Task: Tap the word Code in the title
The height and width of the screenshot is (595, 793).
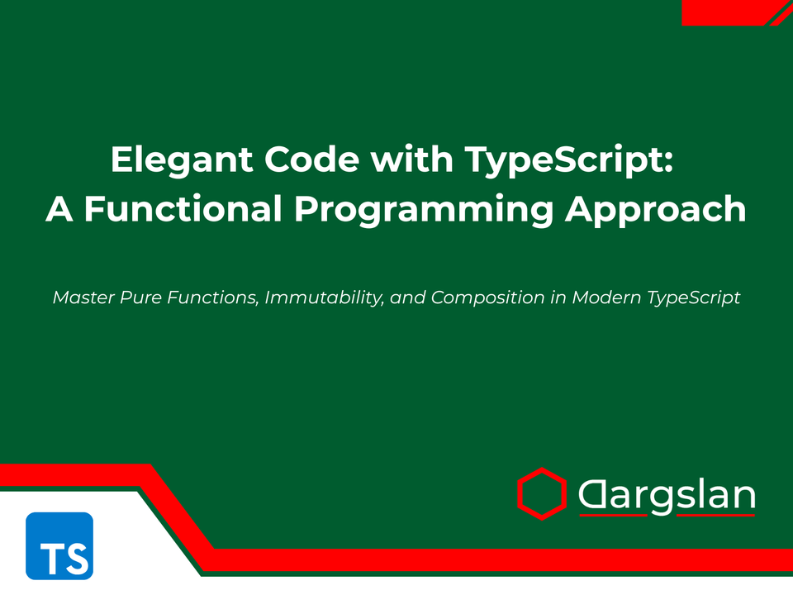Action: tap(313, 159)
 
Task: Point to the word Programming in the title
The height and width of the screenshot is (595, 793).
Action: tap(424, 209)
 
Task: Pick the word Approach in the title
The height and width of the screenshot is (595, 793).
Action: tap(655, 209)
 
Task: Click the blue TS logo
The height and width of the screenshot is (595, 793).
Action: tap(59, 545)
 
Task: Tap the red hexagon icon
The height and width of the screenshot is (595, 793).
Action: tap(542, 494)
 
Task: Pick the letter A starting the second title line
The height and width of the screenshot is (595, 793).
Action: tap(59, 209)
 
